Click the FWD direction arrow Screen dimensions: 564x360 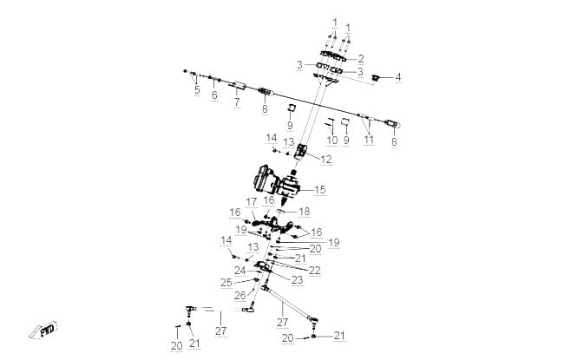pos(43,330)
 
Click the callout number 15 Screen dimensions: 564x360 pos(320,189)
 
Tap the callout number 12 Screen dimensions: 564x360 pos(326,160)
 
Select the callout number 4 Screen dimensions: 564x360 pos(397,77)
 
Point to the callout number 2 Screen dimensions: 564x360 pos(361,59)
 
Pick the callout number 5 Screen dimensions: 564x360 pos(197,89)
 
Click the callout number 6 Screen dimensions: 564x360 pos(214,95)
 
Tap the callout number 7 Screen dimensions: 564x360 pos(237,102)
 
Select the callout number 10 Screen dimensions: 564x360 pos(331,141)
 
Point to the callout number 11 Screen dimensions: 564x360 pos(369,139)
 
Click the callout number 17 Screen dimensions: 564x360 pos(252,202)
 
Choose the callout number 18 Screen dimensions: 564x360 pos(304,212)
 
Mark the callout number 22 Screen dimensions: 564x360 pos(315,271)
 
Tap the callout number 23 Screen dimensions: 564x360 pos(297,280)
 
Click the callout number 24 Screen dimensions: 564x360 pos(239,271)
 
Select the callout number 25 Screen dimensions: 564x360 pos(226,283)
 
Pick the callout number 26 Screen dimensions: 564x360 pos(239,296)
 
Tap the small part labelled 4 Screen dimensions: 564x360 pos(377,77)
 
